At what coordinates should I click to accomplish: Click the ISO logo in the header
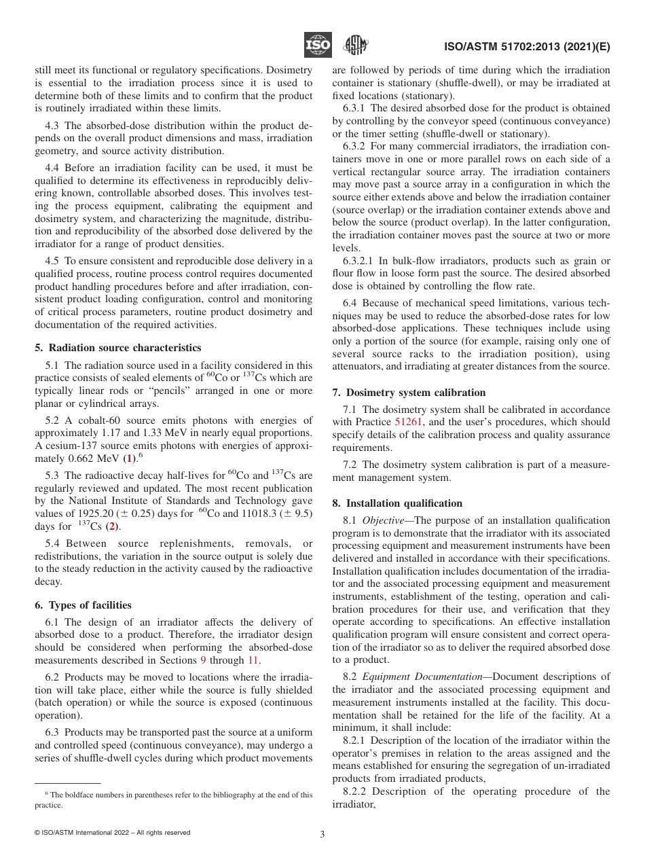click(318, 45)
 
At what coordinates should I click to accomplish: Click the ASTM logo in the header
click(355, 45)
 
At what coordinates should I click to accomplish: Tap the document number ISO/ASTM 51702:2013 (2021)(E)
click(527, 47)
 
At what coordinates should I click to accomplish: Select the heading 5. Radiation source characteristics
click(117, 347)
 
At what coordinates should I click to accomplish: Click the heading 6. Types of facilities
click(83, 605)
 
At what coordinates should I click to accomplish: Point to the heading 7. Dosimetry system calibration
click(418, 393)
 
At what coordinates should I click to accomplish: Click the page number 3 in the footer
click(322, 834)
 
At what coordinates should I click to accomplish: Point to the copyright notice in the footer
click(113, 832)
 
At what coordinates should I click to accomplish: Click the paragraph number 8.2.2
click(356, 791)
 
